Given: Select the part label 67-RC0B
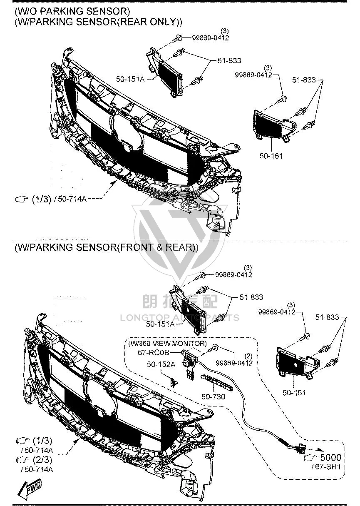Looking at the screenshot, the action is click(153, 352).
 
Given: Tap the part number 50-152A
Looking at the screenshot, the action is click(161, 364).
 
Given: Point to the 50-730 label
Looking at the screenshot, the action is click(213, 396).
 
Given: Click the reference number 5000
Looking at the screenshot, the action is click(330, 457).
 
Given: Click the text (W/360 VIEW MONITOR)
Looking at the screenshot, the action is click(167, 344).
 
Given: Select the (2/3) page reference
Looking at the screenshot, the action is click(42, 459).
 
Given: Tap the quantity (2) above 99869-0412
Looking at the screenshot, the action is click(248, 356).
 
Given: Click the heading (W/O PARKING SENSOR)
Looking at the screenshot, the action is click(72, 11).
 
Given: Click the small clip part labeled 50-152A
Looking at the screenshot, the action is click(174, 383).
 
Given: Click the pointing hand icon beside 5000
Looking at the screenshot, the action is click(311, 458).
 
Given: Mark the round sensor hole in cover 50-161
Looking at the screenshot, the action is click(295, 365).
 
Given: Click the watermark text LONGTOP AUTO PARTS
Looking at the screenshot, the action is click(179, 318).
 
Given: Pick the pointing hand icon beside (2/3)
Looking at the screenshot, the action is click(22, 459).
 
